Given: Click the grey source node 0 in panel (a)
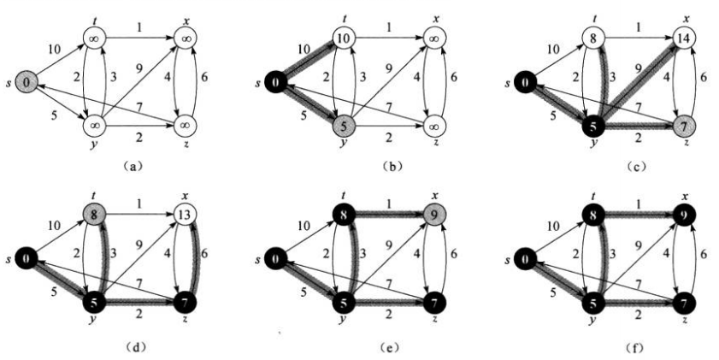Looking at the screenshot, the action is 27,82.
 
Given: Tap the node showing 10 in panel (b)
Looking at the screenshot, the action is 344,38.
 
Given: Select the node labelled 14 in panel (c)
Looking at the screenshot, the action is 684,38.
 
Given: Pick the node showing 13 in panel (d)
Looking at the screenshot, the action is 186,214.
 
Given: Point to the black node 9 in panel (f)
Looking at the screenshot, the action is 684,214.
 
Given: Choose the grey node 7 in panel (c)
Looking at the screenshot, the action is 684,126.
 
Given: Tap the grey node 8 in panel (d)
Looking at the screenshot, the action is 94,214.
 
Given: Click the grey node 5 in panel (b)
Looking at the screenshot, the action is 344,126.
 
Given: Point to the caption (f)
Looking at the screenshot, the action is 637,348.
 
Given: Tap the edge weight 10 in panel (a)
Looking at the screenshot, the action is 54,49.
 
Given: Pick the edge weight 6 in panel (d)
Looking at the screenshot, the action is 204,252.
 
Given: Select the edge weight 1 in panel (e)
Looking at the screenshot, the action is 389,203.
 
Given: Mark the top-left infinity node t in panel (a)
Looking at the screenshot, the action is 94,38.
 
